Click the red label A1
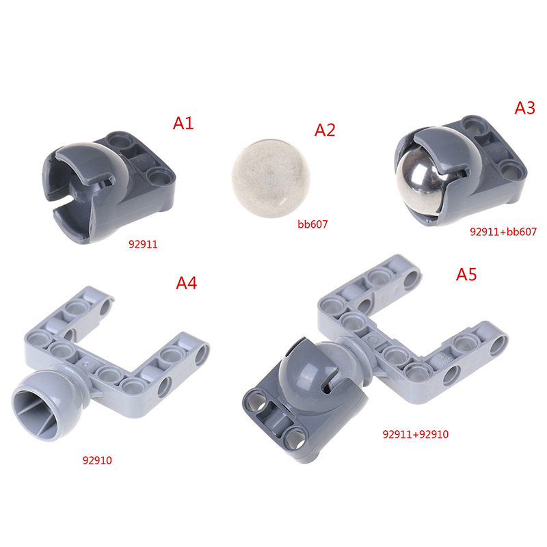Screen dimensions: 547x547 pyautogui.click(x=183, y=123)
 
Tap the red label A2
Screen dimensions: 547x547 pyautogui.click(x=325, y=130)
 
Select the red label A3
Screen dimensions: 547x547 pyautogui.click(x=524, y=108)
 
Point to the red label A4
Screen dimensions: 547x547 pyautogui.click(x=186, y=283)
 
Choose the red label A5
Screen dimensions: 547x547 pyautogui.click(x=466, y=275)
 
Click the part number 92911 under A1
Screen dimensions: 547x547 pyautogui.click(x=143, y=244)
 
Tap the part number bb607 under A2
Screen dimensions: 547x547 pyautogui.click(x=312, y=224)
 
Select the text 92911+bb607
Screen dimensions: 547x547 pyautogui.click(x=503, y=232)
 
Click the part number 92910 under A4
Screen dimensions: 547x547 pyautogui.click(x=97, y=460)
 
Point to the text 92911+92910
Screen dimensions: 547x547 pyautogui.click(x=416, y=434)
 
